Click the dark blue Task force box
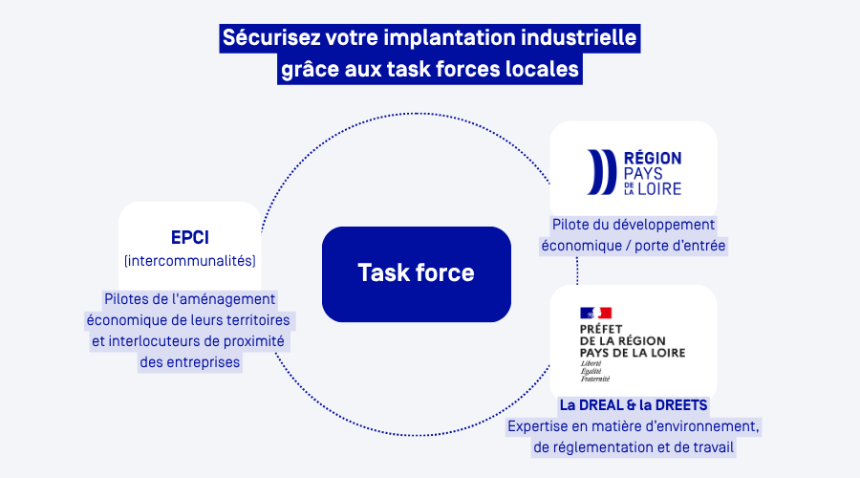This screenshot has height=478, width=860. [416, 273]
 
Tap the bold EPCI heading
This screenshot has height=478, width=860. [190, 237]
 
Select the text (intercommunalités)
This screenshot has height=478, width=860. [190, 260]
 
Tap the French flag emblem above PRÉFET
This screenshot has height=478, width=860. [594, 313]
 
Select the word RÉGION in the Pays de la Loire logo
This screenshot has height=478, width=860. [653, 158]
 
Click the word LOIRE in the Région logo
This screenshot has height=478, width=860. [659, 188]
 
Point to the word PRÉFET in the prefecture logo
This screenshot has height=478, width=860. [600, 329]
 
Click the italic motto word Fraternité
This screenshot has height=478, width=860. [594, 379]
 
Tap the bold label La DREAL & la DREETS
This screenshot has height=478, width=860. [634, 404]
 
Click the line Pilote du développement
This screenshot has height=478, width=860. [634, 225]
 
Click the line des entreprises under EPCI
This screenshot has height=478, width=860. [190, 362]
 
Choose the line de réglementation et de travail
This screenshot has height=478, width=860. [634, 446]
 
